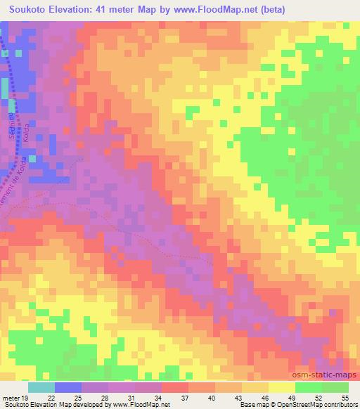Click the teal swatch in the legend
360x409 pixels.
41,387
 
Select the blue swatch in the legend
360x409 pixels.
67,387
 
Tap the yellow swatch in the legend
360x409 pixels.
281,387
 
